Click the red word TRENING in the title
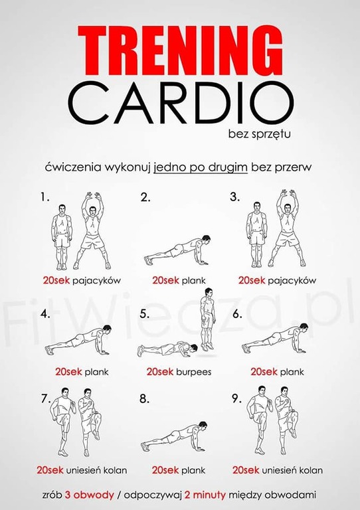(180, 50)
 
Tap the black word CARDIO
(181, 103)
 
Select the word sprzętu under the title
(271, 134)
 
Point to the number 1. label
(45, 197)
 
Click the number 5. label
(145, 314)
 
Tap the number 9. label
(237, 398)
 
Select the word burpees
(194, 372)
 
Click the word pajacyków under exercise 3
(292, 281)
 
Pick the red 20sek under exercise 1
(56, 280)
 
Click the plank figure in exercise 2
(177, 250)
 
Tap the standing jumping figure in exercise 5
(207, 319)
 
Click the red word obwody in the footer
(94, 495)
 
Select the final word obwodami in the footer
(290, 495)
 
